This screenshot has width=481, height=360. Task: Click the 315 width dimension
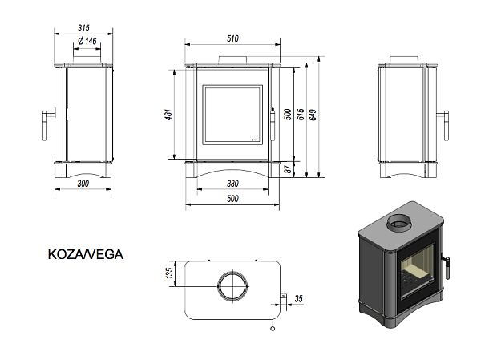pyautogui.click(x=83, y=27)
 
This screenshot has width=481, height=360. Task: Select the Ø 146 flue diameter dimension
pyautogui.click(x=87, y=40)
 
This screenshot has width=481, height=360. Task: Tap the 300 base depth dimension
pyautogui.click(x=83, y=183)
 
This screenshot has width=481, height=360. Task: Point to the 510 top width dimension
pyautogui.click(x=233, y=38)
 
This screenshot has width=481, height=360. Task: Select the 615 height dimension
pyautogui.click(x=301, y=114)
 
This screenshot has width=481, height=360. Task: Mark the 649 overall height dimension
pyautogui.click(x=313, y=114)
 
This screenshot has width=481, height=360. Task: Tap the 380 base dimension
pyautogui.click(x=232, y=182)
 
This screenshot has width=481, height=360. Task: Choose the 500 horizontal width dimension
pyautogui.click(x=232, y=198)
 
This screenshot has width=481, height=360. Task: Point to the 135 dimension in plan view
pyautogui.click(x=169, y=273)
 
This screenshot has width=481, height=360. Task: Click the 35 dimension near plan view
pyautogui.click(x=299, y=298)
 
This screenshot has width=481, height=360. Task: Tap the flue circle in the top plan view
pyautogui.click(x=232, y=286)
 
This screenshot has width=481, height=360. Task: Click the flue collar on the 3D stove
pyautogui.click(x=398, y=222)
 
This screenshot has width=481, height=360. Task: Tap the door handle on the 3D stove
pyautogui.click(x=447, y=264)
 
